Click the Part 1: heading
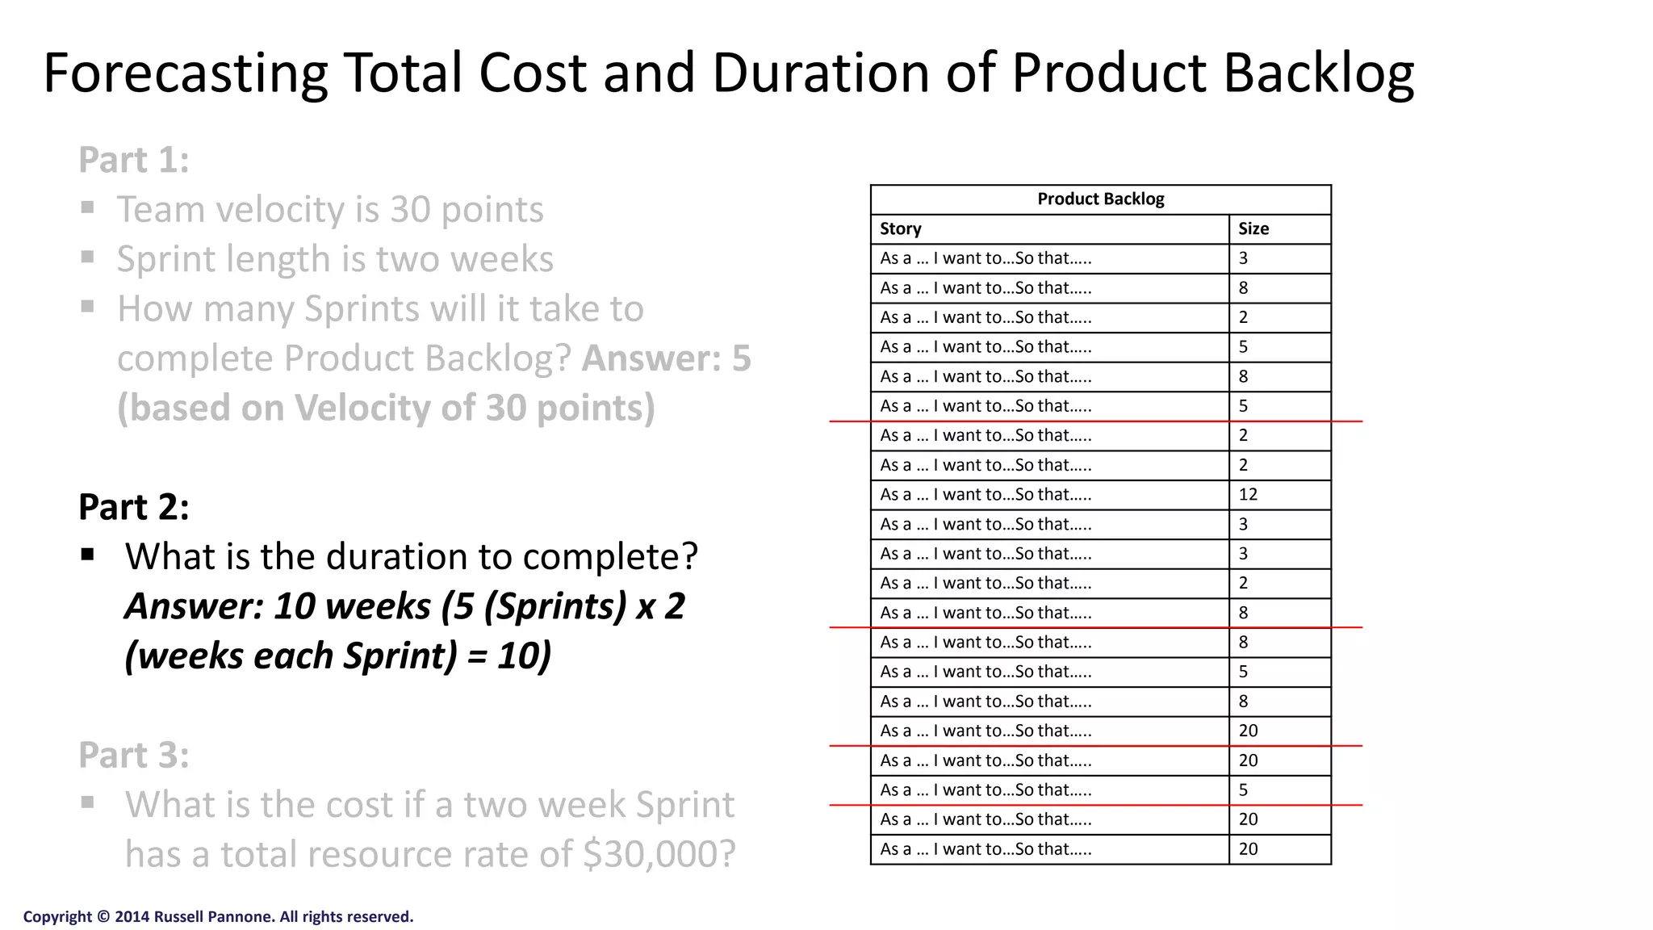[134, 160]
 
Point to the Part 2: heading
[134, 507]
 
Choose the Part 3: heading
[134, 756]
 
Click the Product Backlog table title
[1100, 199]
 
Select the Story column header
[901, 229]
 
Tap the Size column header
[1253, 229]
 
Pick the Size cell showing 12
[1248, 495]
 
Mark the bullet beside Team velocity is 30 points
[88, 208]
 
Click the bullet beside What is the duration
[88, 555]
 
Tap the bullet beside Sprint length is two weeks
[88, 258]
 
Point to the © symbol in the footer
[103, 917]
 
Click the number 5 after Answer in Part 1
[741, 358]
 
